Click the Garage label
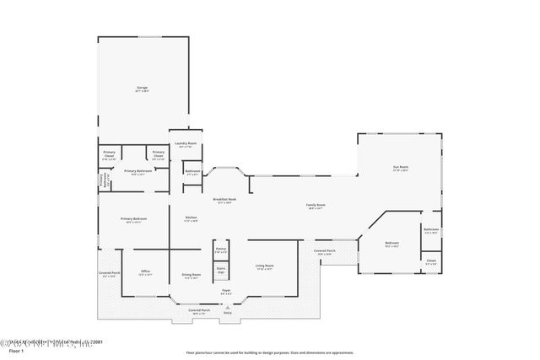point(143,88)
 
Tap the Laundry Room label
point(186,144)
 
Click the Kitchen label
point(192,218)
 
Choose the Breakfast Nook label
point(224,200)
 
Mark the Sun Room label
point(400,168)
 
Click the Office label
point(145,272)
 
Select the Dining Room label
point(192,274)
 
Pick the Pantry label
point(220,250)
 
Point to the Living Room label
point(265,266)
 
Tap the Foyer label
point(226,291)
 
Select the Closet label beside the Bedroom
point(430,261)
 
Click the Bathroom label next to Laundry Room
point(192,172)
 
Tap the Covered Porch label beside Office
point(109,273)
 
